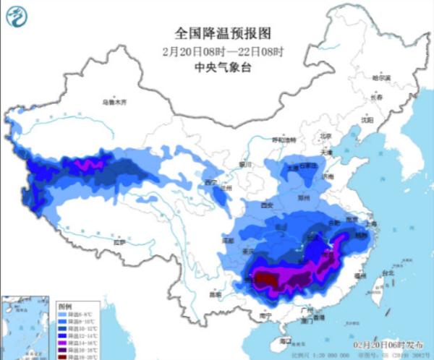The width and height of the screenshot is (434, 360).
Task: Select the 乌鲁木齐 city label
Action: pos(114,103)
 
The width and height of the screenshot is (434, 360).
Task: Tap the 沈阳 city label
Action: pos(367,120)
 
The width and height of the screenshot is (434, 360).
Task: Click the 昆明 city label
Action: pos(215,294)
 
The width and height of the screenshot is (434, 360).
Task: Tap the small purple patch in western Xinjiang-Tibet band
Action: pos(88,166)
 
